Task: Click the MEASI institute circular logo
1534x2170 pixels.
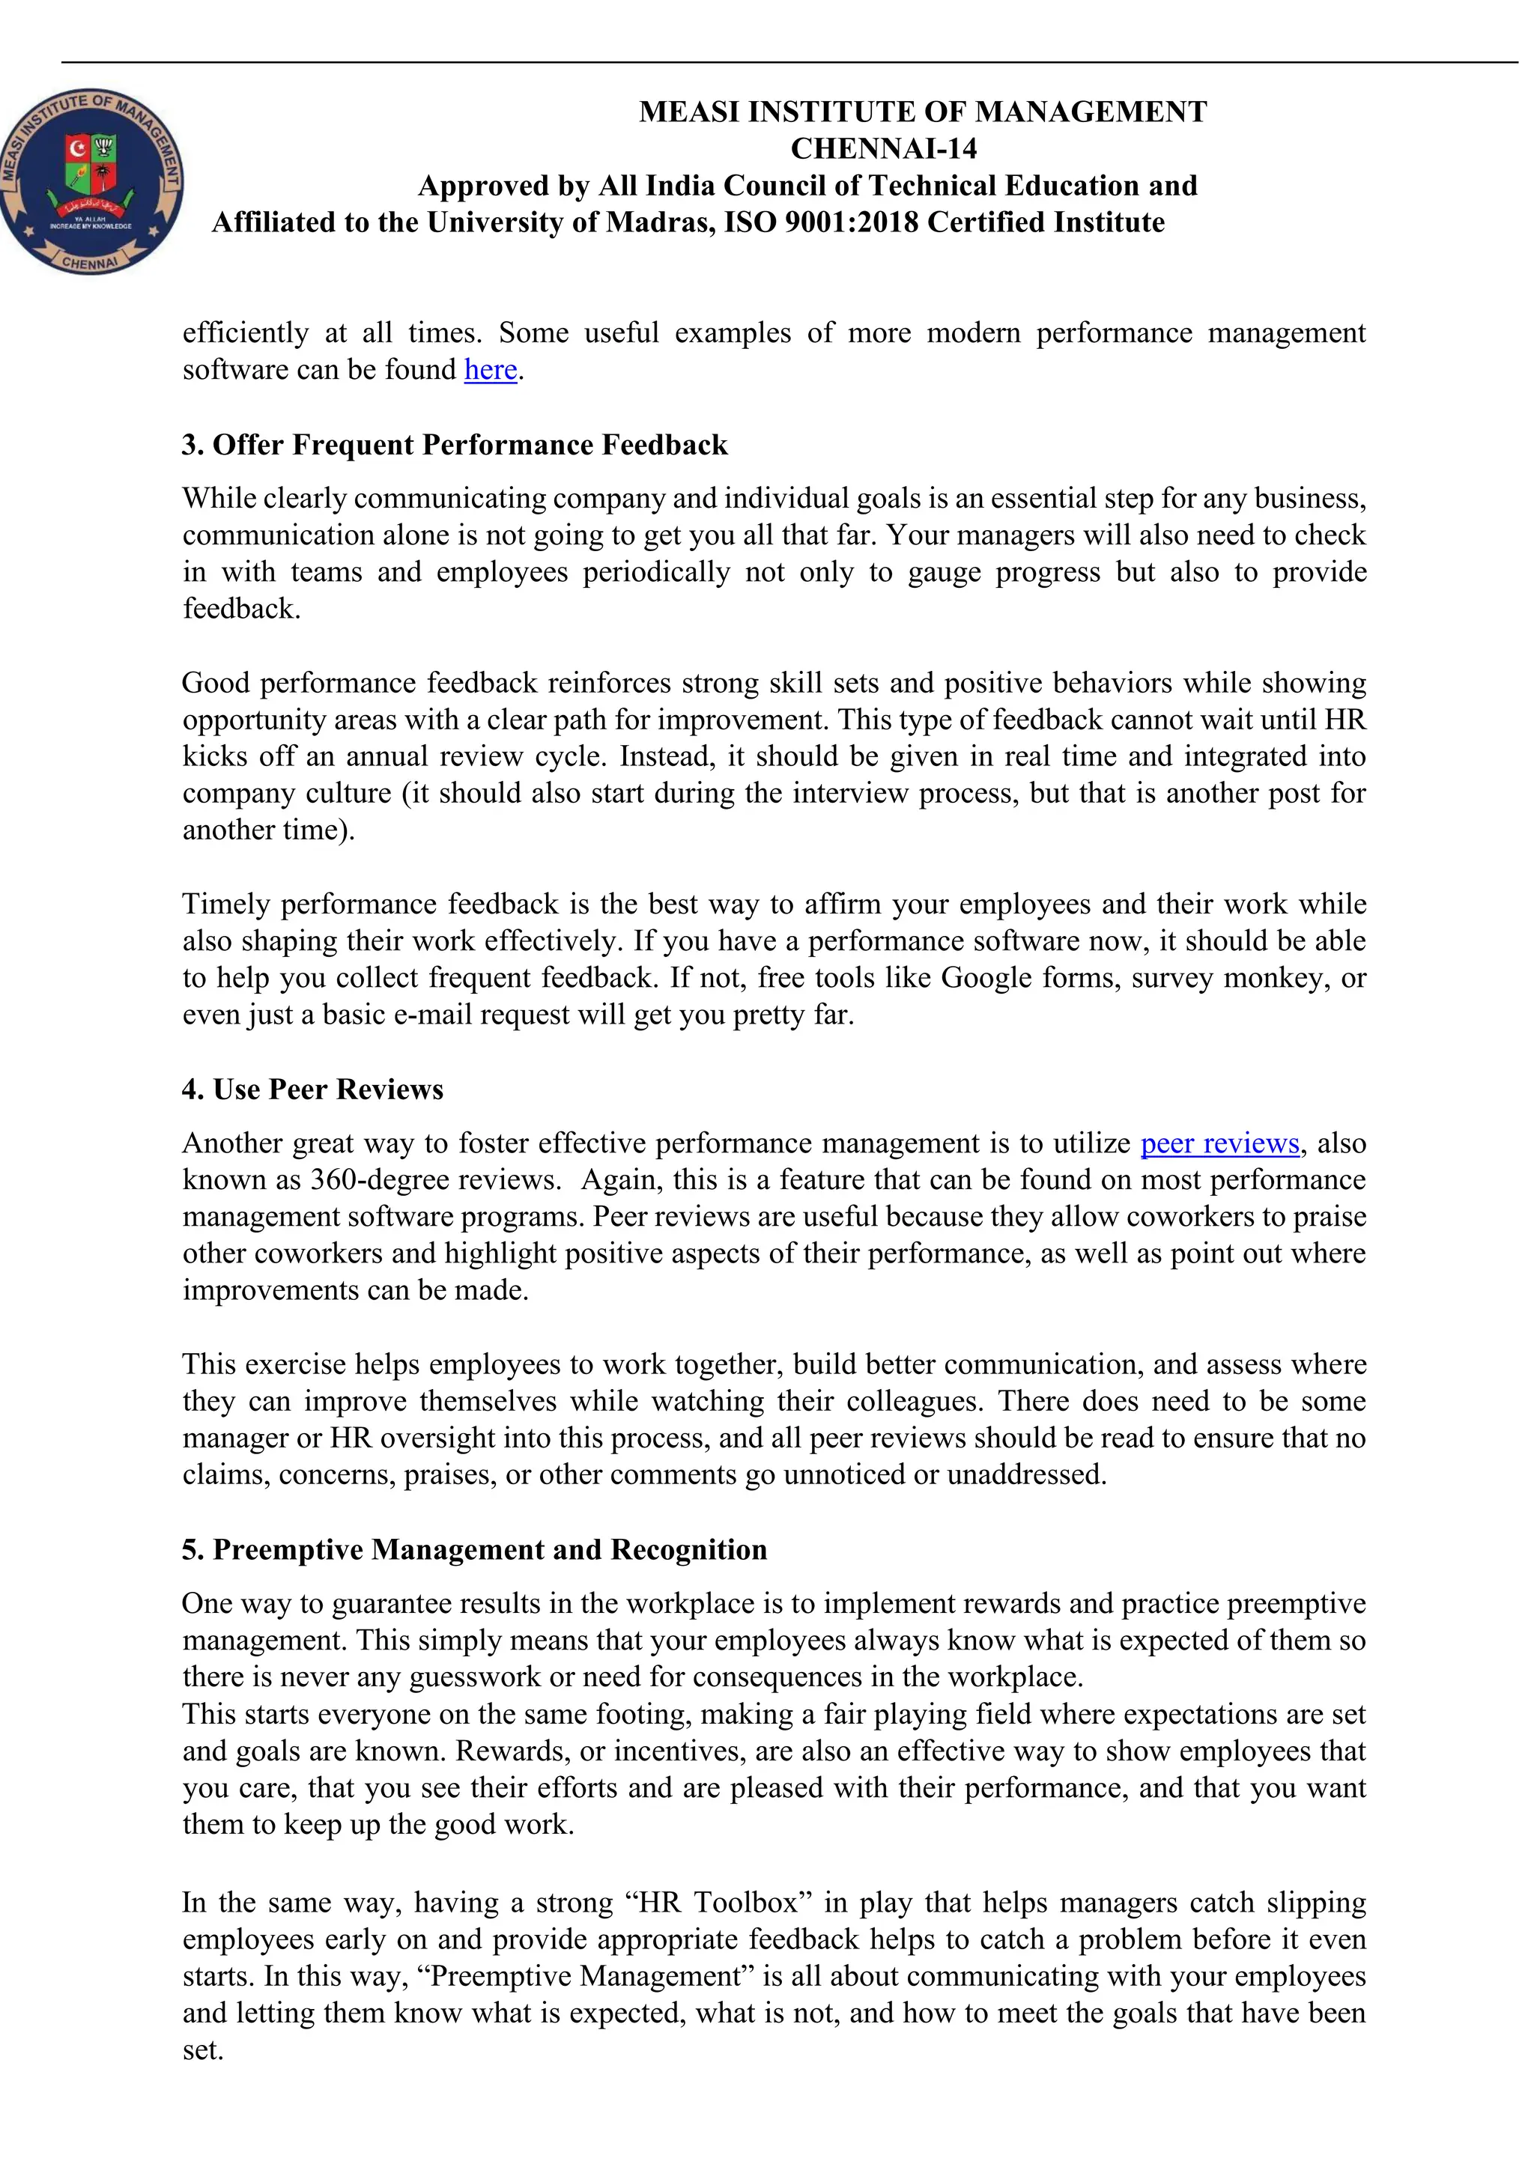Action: [91, 181]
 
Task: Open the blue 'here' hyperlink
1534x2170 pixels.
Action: [490, 370]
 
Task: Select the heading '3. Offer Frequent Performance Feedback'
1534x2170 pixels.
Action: [455, 445]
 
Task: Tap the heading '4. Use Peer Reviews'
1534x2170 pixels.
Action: [313, 1089]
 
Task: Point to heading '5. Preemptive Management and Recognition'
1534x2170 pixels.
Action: [474, 1550]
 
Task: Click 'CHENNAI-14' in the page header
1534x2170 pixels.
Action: [883, 149]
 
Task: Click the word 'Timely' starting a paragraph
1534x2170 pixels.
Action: [226, 905]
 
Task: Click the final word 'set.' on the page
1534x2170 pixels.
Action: [202, 2051]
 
